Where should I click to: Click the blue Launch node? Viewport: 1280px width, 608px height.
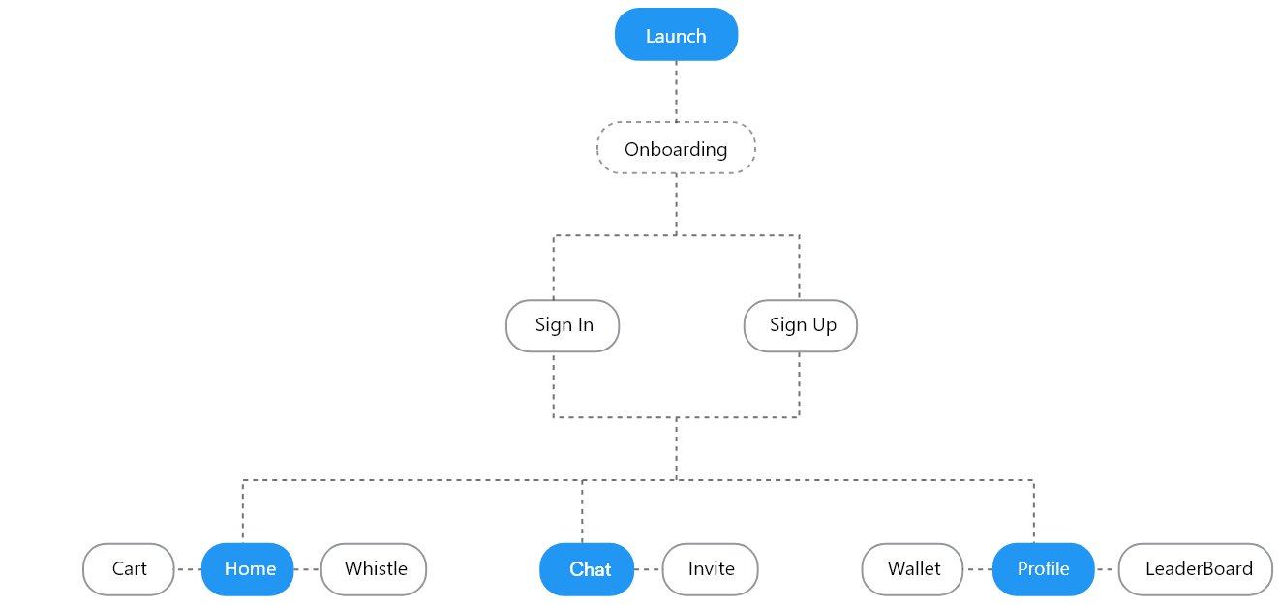(676, 35)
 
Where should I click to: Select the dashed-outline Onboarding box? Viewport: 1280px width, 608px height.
(676, 148)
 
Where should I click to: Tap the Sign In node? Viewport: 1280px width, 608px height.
(563, 325)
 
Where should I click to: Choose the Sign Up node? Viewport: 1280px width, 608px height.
(800, 325)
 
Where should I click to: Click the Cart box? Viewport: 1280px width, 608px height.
(129, 569)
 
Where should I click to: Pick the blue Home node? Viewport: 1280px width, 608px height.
(248, 569)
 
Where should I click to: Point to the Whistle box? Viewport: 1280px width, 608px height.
(374, 569)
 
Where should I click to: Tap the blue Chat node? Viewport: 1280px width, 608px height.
(587, 569)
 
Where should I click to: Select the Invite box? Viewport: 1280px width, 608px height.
(710, 569)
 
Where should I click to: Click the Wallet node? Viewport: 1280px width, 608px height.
(912, 569)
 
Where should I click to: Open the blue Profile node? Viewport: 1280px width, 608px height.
(1043, 569)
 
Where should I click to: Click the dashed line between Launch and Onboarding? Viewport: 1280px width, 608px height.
(676, 91)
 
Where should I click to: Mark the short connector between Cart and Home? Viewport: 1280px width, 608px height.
(188, 569)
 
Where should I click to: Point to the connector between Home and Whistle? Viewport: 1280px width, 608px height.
(307, 569)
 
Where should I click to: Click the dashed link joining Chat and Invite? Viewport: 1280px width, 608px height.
(648, 569)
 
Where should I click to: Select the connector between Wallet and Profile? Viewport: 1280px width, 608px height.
(978, 569)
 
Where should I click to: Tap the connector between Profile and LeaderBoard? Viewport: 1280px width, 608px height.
(1107, 569)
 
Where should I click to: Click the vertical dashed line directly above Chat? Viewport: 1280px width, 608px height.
(582, 511)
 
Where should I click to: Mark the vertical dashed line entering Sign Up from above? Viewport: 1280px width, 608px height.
(799, 267)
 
